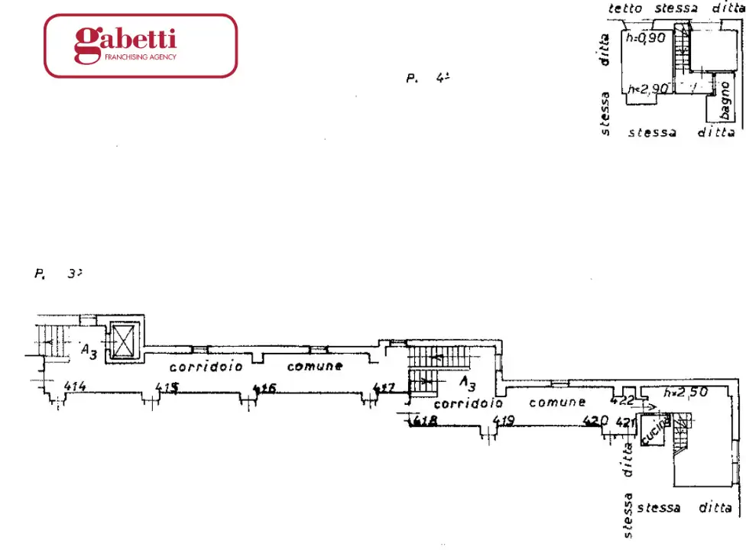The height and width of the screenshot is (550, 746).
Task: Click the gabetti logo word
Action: pyautogui.click(x=125, y=41)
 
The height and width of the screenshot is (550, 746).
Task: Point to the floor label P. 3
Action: pyautogui.click(x=53, y=273)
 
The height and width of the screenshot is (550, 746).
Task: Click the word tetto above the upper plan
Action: pyautogui.click(x=625, y=8)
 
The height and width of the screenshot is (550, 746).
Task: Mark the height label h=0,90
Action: pyautogui.click(x=646, y=37)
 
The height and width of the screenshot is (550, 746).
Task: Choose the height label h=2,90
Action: pyautogui.click(x=647, y=89)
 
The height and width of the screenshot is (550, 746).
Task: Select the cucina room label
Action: pyautogui.click(x=655, y=430)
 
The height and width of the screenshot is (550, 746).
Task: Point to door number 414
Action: pyautogui.click(x=74, y=387)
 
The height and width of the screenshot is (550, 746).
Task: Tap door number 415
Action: pyautogui.click(x=167, y=387)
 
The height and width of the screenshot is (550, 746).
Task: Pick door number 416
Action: pyautogui.click(x=264, y=388)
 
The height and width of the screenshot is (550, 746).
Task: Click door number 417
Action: pyautogui.click(x=384, y=388)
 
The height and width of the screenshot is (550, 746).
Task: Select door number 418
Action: pyautogui.click(x=424, y=421)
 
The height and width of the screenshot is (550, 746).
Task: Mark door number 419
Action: pyautogui.click(x=502, y=419)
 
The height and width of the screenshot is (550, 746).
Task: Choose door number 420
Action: pyautogui.click(x=595, y=419)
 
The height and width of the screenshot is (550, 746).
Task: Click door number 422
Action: pyautogui.click(x=622, y=400)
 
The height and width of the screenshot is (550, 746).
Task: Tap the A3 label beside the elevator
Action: pyautogui.click(x=89, y=351)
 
